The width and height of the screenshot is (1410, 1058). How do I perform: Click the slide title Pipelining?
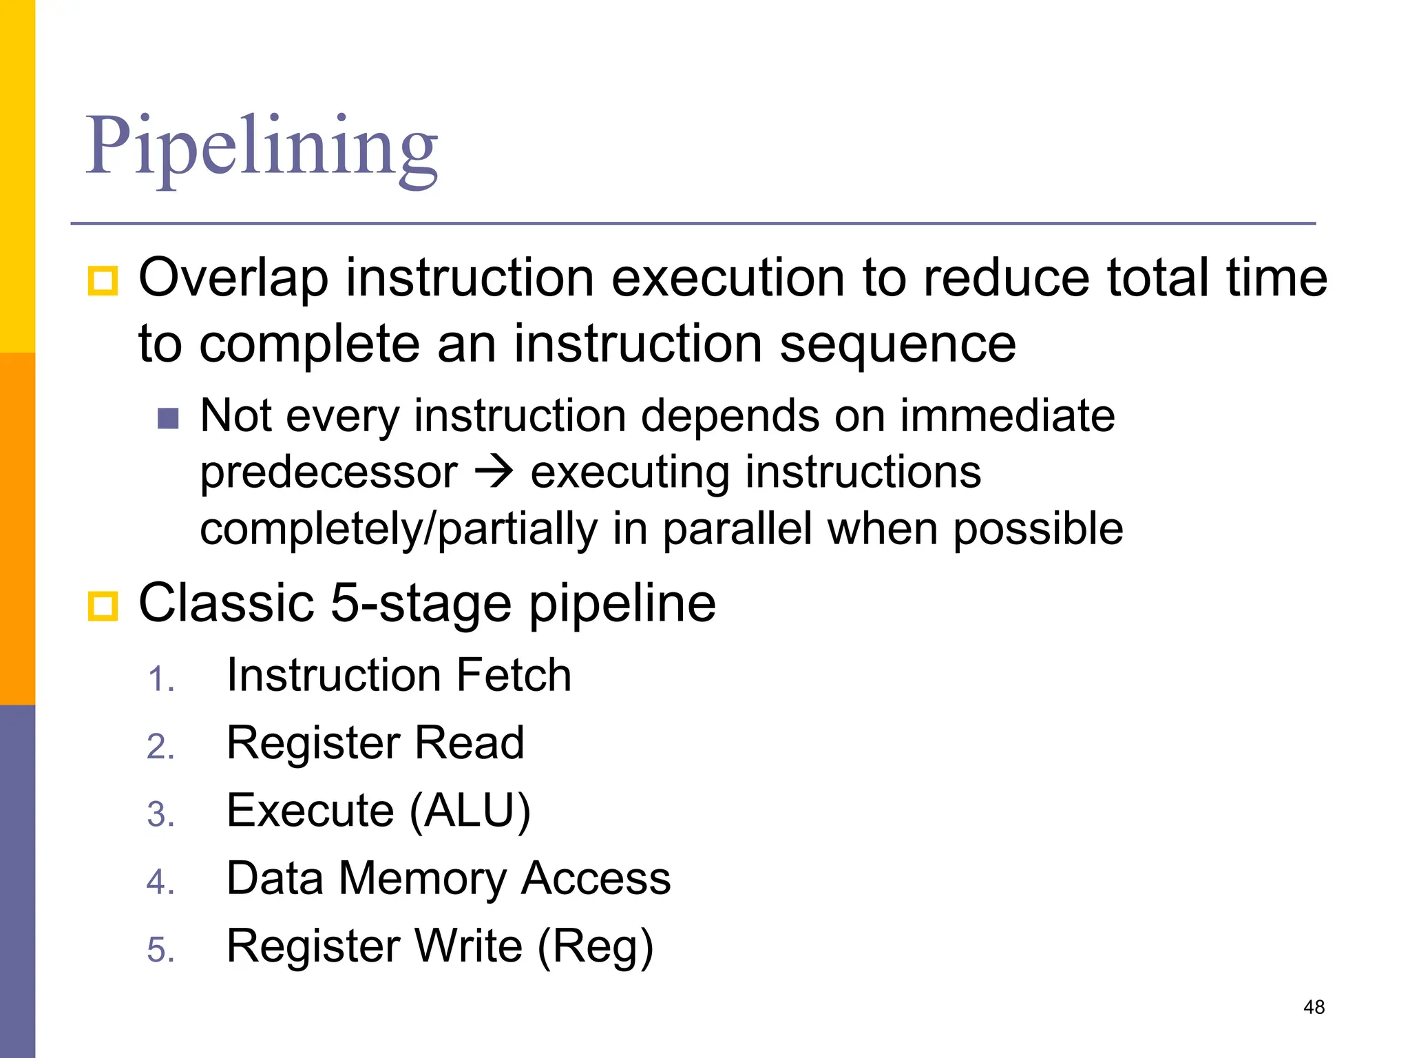click(x=262, y=147)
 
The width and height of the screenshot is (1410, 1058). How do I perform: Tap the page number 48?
click(x=1314, y=1007)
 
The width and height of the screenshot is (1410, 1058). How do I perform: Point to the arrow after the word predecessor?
click(x=494, y=473)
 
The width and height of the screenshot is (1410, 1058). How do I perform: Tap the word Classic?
click(x=226, y=603)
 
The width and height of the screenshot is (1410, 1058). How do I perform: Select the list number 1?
click(x=160, y=680)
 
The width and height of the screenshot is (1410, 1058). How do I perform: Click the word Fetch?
click(x=513, y=675)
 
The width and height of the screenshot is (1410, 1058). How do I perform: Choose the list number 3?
click(x=160, y=815)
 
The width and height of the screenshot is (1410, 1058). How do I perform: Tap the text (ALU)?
click(x=470, y=811)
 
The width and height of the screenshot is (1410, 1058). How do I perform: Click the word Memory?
click(x=422, y=879)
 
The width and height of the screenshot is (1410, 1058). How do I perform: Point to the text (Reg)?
click(x=595, y=946)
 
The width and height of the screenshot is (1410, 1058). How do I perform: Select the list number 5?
click(x=160, y=951)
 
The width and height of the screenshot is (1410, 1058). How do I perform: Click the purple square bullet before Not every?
click(x=168, y=418)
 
